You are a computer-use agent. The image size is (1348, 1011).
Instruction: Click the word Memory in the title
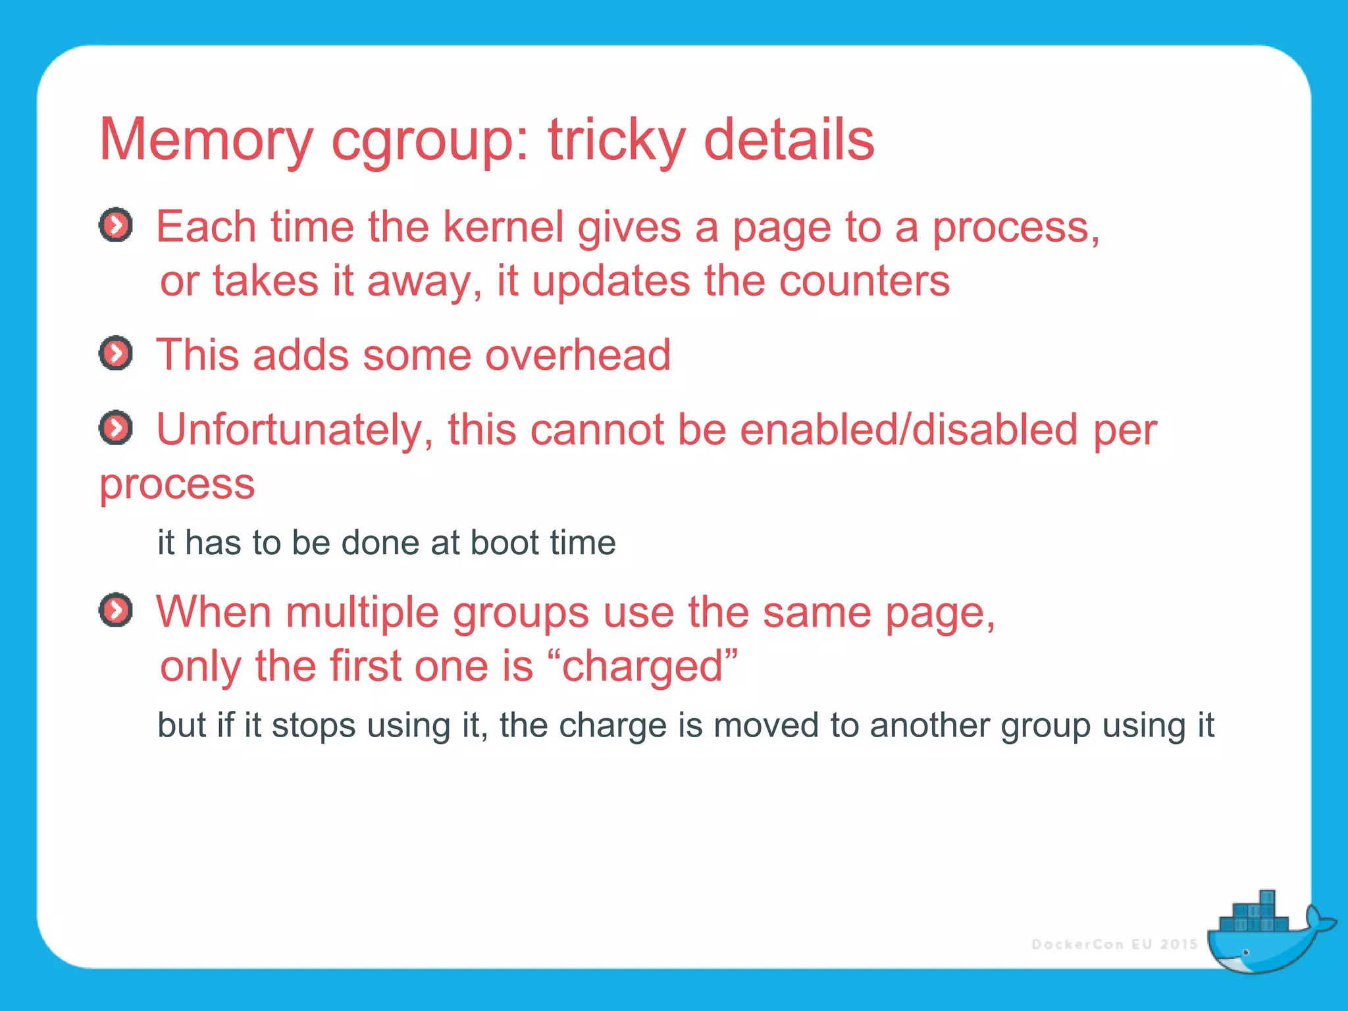click(x=206, y=140)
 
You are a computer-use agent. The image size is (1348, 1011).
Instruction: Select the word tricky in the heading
click(x=617, y=140)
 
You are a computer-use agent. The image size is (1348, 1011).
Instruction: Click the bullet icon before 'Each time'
click(x=116, y=225)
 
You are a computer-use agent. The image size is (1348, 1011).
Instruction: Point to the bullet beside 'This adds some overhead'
click(x=116, y=353)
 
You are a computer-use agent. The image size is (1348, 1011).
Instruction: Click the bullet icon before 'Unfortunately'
click(x=116, y=428)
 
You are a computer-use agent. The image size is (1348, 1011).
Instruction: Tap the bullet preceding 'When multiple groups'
click(x=116, y=610)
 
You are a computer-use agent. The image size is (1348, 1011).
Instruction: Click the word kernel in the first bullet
click(x=503, y=227)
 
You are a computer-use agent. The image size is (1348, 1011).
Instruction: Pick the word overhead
click(x=577, y=355)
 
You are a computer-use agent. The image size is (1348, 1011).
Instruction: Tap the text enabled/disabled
click(x=909, y=430)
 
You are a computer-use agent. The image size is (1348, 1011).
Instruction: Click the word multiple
click(x=362, y=613)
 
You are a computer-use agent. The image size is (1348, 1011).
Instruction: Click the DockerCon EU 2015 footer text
click(x=1114, y=945)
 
